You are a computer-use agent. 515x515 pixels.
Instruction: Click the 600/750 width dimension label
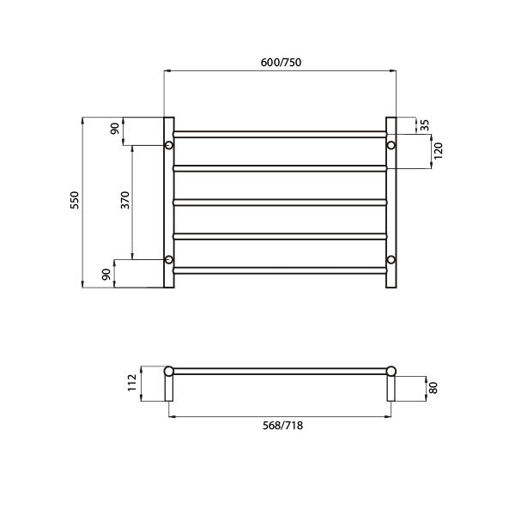pos(280,62)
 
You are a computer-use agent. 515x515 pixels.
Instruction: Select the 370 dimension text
pos(124,201)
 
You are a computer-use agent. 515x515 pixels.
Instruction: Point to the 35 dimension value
pos(426,125)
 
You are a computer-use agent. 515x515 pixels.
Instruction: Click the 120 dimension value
pos(439,152)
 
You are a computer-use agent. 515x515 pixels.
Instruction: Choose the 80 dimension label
pos(433,387)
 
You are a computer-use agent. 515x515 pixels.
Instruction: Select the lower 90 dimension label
pos(106,274)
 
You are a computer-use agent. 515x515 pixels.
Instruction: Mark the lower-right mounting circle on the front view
pos(391,259)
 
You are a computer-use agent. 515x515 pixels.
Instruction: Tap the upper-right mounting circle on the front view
pos(391,146)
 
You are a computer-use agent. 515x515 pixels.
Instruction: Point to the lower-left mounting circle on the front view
pos(169,259)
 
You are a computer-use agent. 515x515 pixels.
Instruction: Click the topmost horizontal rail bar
pos(280,133)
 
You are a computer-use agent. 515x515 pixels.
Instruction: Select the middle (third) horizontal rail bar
pos(280,202)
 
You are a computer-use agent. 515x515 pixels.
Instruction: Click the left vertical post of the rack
pos(168,202)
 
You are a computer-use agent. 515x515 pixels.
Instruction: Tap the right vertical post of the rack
pos(391,202)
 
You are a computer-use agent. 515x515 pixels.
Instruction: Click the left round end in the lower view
pos(169,371)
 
